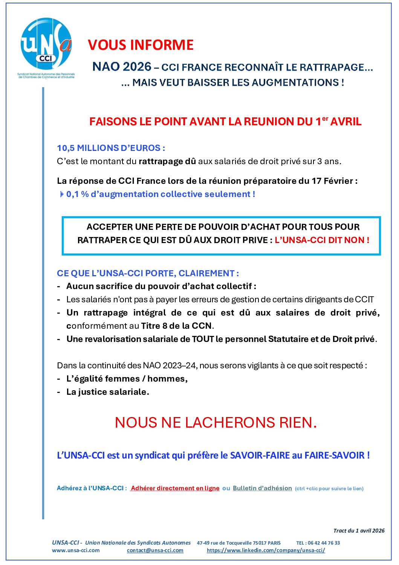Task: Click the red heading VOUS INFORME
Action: (x=141, y=45)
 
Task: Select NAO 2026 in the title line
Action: (x=122, y=67)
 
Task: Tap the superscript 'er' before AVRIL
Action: (x=325, y=119)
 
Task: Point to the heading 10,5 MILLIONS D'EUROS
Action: (x=111, y=148)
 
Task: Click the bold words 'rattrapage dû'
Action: (x=167, y=162)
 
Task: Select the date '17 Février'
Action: (x=332, y=181)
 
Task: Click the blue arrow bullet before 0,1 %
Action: (x=62, y=194)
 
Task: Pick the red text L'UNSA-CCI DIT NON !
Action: (x=322, y=240)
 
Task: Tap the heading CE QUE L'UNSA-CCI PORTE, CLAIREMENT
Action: (x=148, y=273)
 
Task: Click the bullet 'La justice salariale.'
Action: (x=107, y=392)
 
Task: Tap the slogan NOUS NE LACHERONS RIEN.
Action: (x=216, y=423)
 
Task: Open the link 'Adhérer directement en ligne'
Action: (x=175, y=488)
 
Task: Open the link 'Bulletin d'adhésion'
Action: (x=262, y=488)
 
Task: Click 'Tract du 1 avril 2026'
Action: (x=359, y=531)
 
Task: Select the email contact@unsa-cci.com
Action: (x=155, y=550)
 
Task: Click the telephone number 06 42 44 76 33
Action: (x=324, y=543)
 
